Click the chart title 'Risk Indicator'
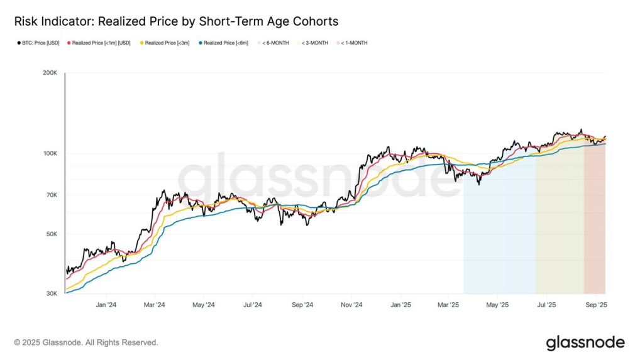176,21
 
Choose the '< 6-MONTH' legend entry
275,43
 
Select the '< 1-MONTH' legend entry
354,43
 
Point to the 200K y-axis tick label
50,73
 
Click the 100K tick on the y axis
50,154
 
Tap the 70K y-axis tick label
52,195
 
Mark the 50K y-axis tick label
52,234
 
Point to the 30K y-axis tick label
52,293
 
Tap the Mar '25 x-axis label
448,305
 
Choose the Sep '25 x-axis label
596,305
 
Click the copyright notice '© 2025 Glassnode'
86,342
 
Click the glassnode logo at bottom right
585,342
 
